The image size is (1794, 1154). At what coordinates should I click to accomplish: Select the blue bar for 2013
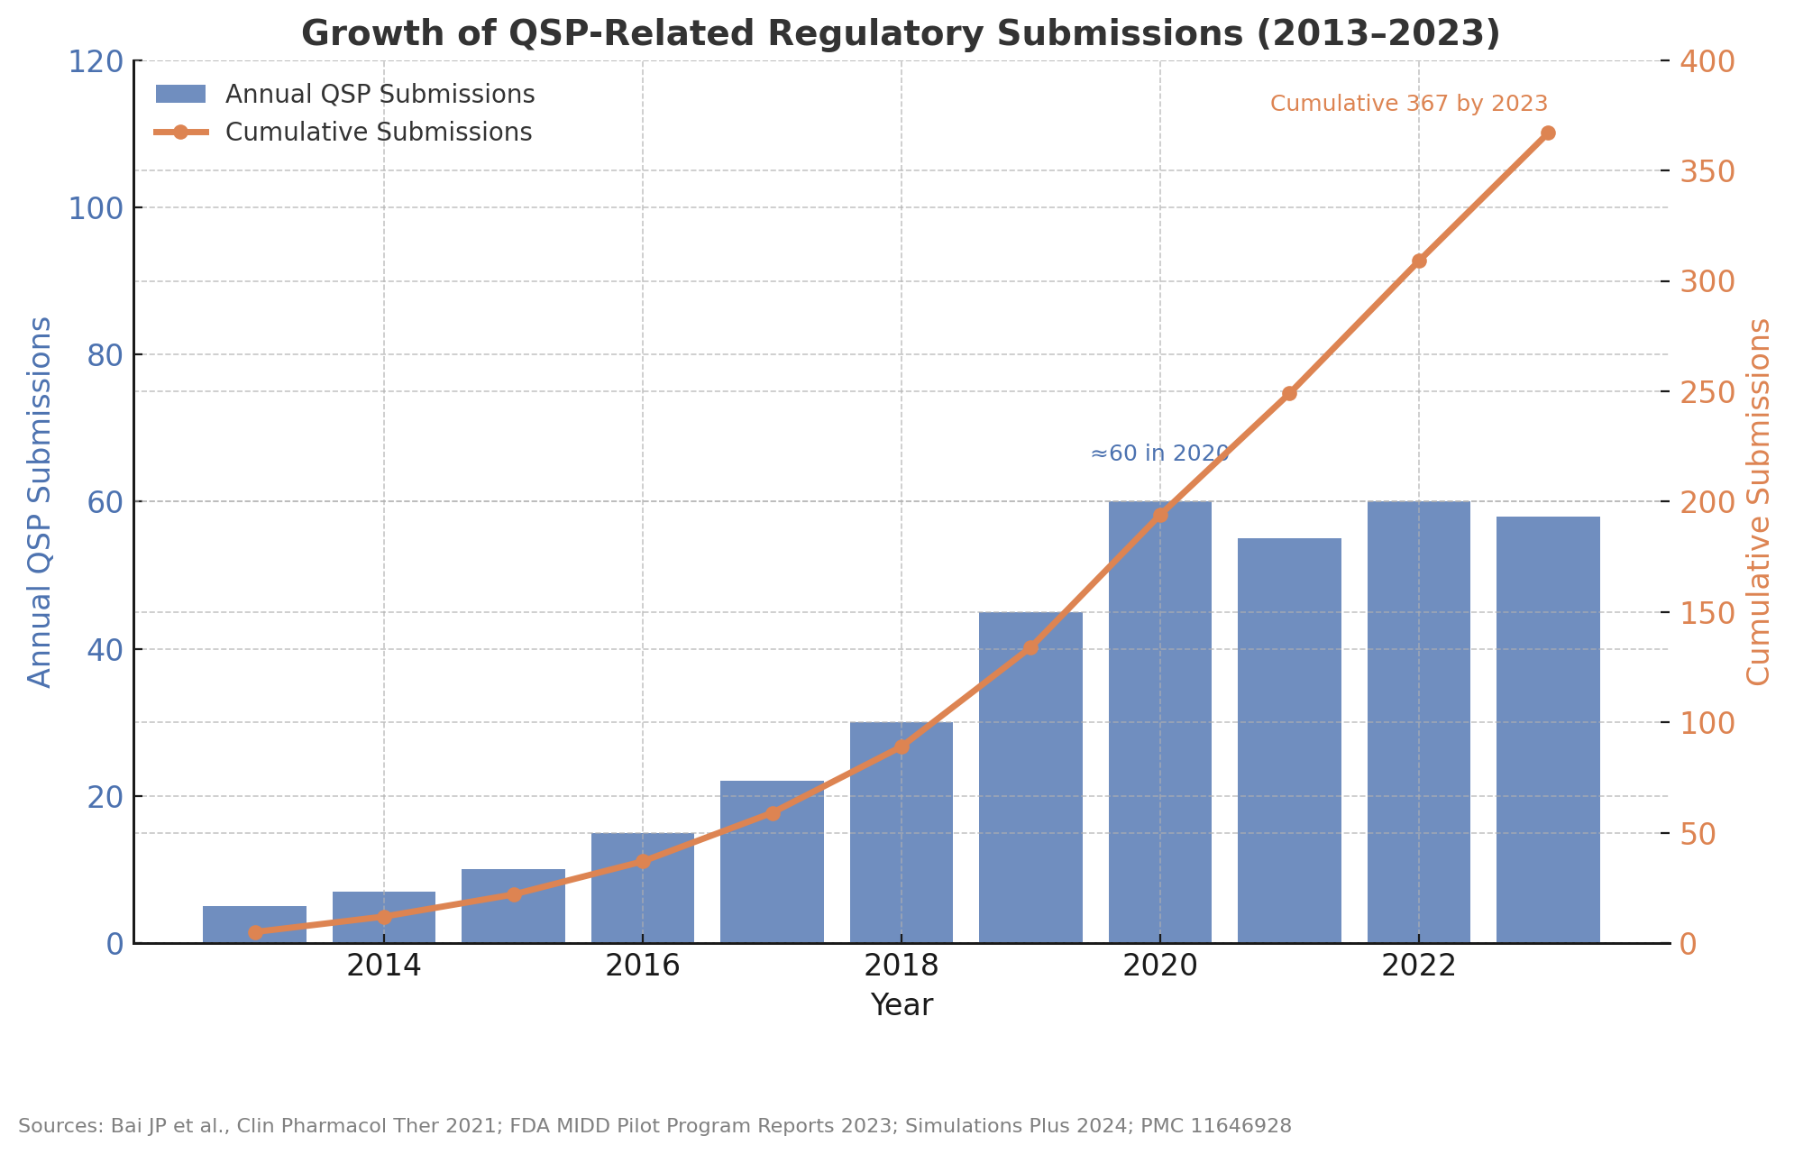(254, 925)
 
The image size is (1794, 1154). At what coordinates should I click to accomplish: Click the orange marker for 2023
(1548, 133)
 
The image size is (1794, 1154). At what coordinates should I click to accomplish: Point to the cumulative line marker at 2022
(1419, 261)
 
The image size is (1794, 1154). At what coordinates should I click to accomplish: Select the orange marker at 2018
(902, 746)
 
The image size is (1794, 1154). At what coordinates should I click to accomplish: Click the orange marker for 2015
(514, 894)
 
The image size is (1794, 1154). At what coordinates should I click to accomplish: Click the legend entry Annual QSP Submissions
(380, 95)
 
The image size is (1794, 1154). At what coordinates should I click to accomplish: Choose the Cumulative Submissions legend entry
(378, 133)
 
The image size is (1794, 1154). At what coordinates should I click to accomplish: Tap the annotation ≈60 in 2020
(1159, 453)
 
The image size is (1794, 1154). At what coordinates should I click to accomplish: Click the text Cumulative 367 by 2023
(1408, 104)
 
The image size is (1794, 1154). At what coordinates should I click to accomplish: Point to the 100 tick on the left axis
(96, 208)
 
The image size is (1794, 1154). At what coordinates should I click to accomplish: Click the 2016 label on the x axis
(642, 966)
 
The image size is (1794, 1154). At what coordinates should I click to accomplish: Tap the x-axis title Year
(902, 1005)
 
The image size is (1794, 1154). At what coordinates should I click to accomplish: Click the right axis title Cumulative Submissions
(1759, 501)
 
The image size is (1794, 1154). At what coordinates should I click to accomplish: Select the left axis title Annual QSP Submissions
(40, 501)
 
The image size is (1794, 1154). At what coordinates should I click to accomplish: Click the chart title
(900, 34)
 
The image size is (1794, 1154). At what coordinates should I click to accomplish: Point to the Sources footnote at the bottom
(654, 1126)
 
